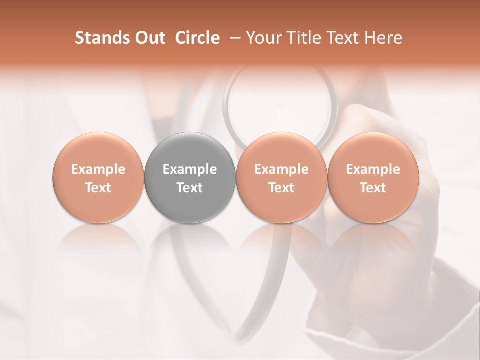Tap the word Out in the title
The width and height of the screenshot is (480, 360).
pyautogui.click(x=148, y=38)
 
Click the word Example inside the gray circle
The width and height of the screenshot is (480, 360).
pyautogui.click(x=190, y=169)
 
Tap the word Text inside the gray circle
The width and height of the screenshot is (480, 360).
pyautogui.click(x=190, y=188)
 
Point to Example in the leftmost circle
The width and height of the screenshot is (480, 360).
pyautogui.click(x=98, y=169)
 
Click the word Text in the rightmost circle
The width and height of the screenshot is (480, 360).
pyautogui.click(x=373, y=188)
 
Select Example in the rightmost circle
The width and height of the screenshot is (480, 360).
pyautogui.click(x=373, y=169)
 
